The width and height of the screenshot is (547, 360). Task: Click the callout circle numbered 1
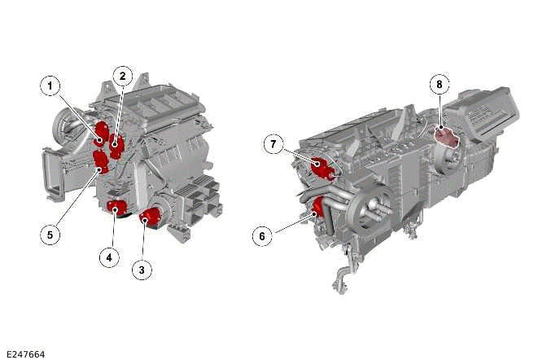pyautogui.click(x=50, y=85)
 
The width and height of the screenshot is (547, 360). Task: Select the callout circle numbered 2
pyautogui.click(x=121, y=77)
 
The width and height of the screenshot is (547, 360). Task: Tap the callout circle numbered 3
pyautogui.click(x=143, y=269)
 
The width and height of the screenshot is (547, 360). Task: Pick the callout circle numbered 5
pyautogui.click(x=50, y=234)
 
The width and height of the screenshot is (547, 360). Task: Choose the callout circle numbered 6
pyautogui.click(x=261, y=236)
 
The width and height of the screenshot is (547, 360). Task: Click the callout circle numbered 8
pyautogui.click(x=439, y=83)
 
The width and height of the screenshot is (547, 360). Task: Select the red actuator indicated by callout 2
pyautogui.click(x=116, y=146)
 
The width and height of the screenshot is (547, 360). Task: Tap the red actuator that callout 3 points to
pyautogui.click(x=149, y=217)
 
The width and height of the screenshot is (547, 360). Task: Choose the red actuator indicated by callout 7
pyautogui.click(x=322, y=168)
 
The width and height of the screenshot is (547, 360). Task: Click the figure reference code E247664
pyautogui.click(x=24, y=353)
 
